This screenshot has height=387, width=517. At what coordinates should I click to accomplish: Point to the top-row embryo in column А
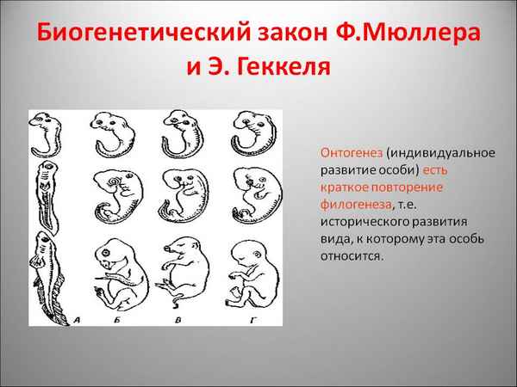(x=47, y=134)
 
